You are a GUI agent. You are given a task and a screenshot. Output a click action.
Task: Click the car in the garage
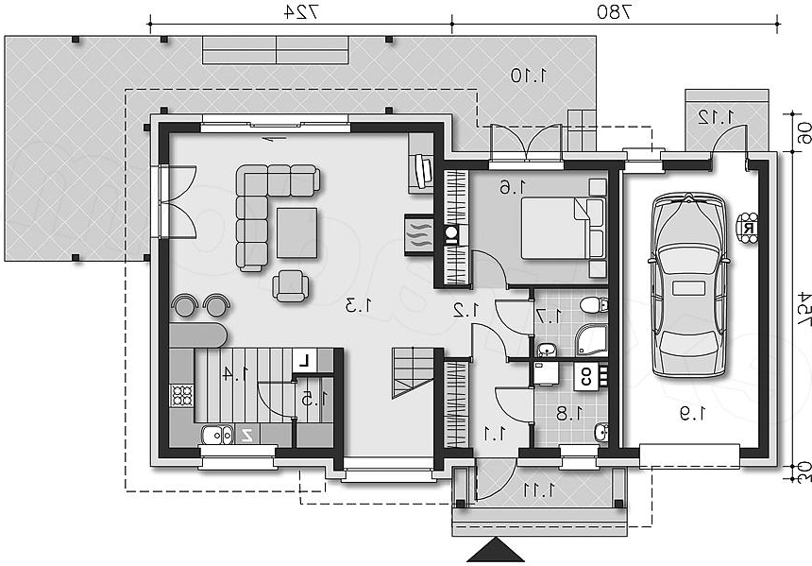[688, 285]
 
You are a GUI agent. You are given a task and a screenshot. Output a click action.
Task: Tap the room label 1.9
[692, 414]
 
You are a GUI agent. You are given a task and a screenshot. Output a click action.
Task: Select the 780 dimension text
[615, 12]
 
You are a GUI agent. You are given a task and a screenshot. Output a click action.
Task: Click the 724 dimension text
[300, 12]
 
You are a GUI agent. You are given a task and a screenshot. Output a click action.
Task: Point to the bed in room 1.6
[564, 228]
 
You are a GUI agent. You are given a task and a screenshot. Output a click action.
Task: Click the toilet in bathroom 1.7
[594, 305]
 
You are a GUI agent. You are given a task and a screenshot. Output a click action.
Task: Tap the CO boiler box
[585, 376]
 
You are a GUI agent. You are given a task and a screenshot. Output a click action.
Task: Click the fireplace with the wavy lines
[418, 235]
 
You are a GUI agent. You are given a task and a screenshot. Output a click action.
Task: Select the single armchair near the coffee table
[291, 286]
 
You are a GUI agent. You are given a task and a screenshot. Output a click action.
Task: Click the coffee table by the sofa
[296, 232]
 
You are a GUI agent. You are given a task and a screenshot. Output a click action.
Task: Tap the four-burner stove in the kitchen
[182, 395]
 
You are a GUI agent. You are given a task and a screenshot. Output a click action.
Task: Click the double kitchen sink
[217, 436]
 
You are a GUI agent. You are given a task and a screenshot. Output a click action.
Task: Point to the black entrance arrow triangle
[496, 550]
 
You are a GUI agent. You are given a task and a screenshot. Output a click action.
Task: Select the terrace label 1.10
[528, 76]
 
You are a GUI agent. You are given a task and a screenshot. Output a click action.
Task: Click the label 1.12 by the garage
[717, 116]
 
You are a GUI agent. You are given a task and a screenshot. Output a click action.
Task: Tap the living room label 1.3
[359, 305]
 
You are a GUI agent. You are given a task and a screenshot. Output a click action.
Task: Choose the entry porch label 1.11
[539, 489]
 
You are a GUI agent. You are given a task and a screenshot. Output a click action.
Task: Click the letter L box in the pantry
[304, 361]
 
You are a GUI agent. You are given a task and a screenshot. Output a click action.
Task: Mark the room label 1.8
[569, 414]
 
